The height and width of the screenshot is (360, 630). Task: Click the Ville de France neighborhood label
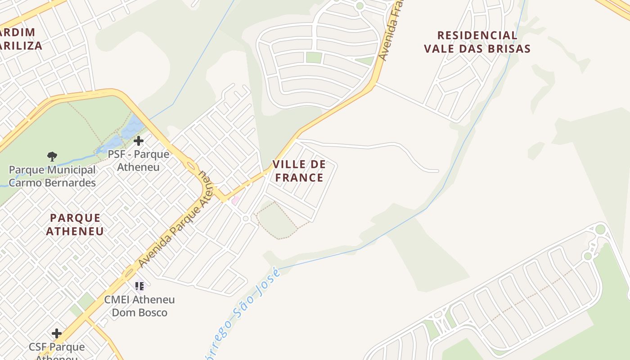coord(299,171)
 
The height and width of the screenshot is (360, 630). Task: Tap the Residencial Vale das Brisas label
coord(477,42)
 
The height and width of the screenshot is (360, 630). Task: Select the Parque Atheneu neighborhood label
coord(75,225)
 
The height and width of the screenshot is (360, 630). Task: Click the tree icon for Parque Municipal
coord(52,157)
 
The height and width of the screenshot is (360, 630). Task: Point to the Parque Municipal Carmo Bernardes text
coord(52,176)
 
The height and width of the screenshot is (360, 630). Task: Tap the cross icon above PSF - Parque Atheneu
coord(139,141)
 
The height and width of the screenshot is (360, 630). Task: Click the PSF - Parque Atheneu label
coord(139,161)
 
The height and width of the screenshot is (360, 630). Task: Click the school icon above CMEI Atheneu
coord(139,286)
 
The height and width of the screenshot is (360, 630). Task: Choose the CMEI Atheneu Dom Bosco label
coord(139,306)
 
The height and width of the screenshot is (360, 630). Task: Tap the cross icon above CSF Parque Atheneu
coord(57,333)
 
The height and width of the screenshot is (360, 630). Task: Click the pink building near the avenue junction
coord(235,200)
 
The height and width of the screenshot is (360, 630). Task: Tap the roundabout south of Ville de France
coord(246,219)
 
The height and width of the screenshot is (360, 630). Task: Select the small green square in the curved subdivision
coord(314,57)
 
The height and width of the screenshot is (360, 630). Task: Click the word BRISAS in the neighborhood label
coord(507,49)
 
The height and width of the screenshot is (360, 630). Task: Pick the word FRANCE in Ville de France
coord(299,178)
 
